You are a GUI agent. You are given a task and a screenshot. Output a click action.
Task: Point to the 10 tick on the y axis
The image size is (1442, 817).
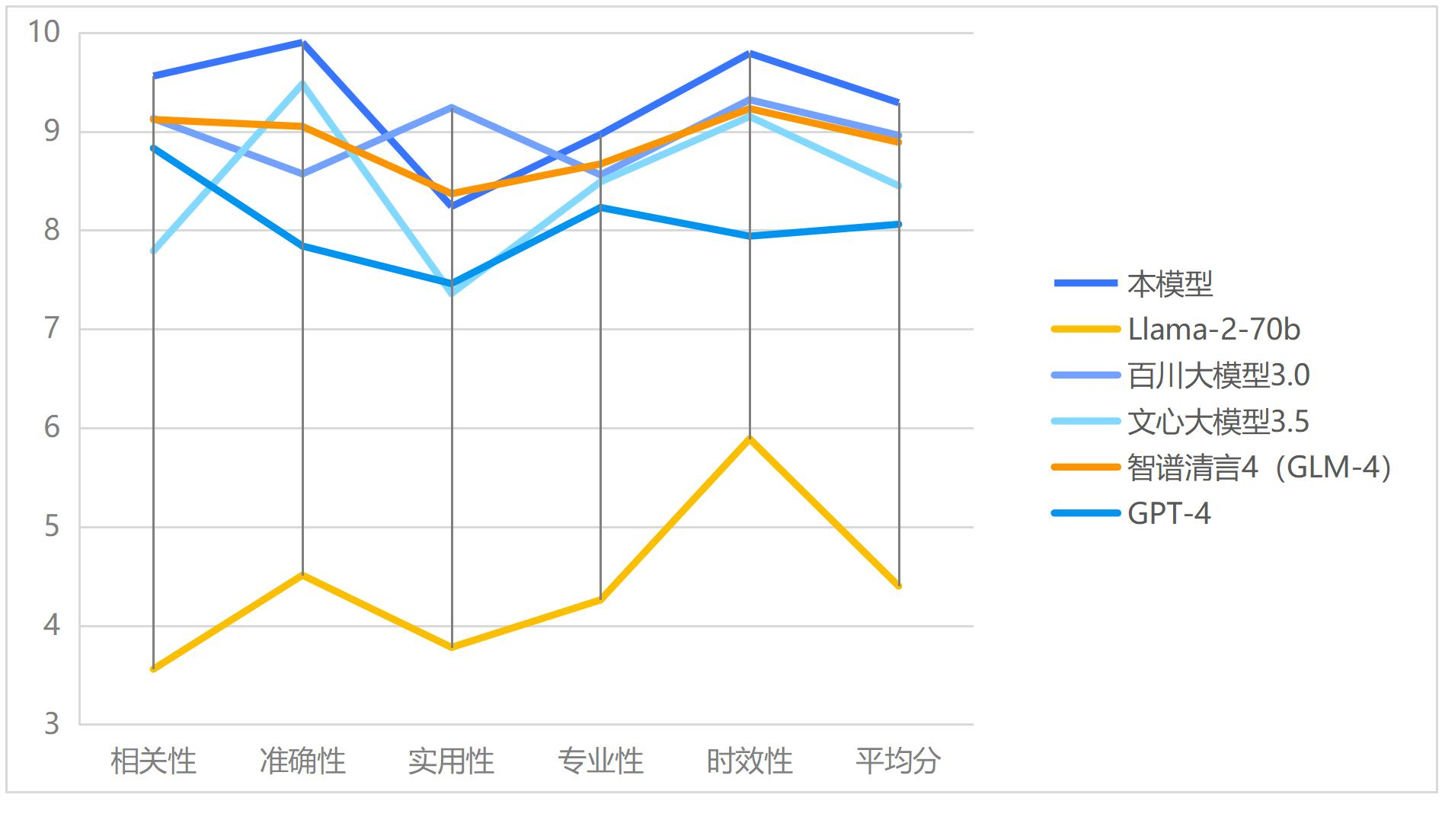43,32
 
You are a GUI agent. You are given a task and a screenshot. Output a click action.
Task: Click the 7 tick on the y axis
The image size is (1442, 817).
51,329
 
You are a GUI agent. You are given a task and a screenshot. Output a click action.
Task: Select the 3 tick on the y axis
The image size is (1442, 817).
51,724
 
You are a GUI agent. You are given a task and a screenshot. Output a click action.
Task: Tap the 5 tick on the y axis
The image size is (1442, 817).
51,527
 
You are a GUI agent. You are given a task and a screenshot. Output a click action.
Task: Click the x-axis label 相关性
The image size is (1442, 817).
153,761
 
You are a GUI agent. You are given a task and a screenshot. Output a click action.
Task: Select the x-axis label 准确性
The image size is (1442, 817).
302,761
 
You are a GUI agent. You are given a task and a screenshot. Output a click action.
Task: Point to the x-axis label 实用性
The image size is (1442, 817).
452,761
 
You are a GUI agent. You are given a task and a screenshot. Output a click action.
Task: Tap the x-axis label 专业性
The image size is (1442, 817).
601,761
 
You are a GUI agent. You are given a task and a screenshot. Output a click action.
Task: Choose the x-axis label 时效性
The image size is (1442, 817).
750,761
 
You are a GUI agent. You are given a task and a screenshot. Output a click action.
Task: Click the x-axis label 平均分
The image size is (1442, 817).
899,761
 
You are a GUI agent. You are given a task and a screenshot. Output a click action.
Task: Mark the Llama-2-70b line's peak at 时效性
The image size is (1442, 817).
750,439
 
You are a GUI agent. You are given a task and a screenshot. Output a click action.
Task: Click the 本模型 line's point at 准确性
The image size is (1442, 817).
302,43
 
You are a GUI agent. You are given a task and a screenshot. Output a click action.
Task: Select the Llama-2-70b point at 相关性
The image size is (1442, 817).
154,669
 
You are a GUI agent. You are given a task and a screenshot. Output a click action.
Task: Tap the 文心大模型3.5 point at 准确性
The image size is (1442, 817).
302,83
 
